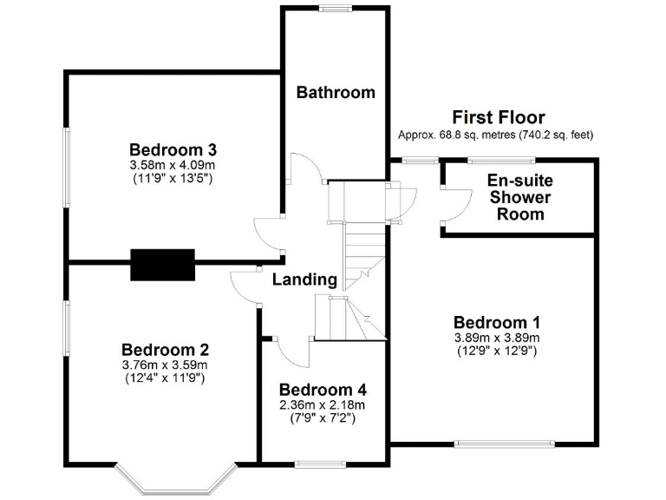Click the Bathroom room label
[x=336, y=92]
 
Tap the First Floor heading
[x=498, y=117]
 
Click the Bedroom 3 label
[x=172, y=148]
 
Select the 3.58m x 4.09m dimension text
[x=172, y=164]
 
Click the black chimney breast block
[x=162, y=264]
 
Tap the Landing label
[x=304, y=280]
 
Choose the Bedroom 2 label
[x=165, y=350]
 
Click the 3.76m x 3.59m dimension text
[x=165, y=365]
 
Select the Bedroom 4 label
[x=323, y=389]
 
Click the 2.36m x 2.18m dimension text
[x=323, y=404]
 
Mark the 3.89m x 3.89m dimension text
[x=497, y=338]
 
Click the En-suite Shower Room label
[x=519, y=197]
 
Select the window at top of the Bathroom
[x=333, y=9]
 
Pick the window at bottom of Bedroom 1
[x=505, y=444]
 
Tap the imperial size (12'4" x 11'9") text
[x=165, y=378]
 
